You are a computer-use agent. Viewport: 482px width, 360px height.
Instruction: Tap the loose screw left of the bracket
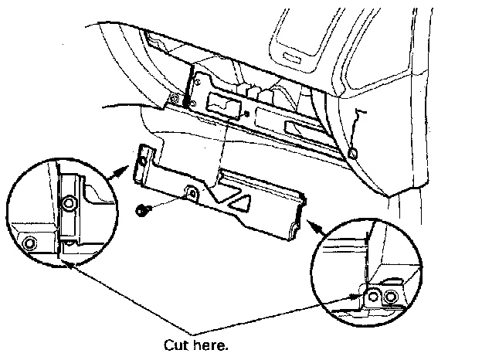[x=142, y=209]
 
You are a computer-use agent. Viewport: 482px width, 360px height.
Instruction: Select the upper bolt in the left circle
[x=69, y=203]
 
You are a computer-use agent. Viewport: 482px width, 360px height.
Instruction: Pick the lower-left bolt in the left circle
[x=29, y=244]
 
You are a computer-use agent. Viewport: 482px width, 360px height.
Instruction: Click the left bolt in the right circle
[x=375, y=295]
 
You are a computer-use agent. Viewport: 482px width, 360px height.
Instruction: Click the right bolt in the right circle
[x=391, y=297]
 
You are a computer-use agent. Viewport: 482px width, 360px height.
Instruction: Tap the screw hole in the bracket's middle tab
[x=191, y=192]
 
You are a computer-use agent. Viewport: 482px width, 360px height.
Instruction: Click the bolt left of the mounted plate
[x=175, y=99]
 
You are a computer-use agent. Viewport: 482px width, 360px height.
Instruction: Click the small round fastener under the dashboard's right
[x=353, y=155]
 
